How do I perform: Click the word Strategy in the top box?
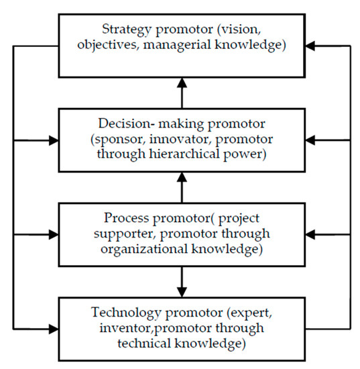tap(124, 29)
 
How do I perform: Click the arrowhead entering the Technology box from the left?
tap(53, 329)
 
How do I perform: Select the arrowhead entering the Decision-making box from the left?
tap(53, 141)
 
